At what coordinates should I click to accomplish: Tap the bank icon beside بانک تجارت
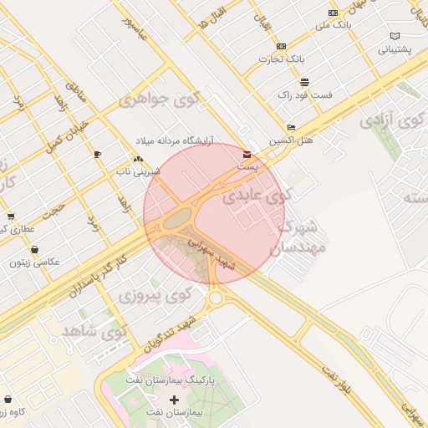281,46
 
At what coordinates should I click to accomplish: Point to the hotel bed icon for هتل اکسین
290,127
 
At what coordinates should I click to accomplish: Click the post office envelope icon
246,155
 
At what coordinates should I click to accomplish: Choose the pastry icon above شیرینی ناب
137,159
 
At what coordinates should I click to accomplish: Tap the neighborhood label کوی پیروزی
155,295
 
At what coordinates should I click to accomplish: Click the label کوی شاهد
93,332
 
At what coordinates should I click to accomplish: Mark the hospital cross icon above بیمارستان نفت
174,400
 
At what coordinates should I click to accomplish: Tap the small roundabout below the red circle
216,297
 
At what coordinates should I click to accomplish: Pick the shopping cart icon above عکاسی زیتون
34,249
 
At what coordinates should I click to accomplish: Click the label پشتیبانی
395,49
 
